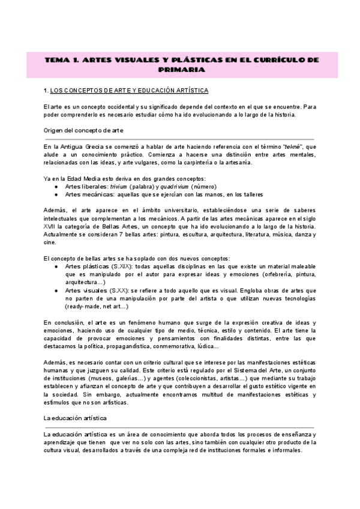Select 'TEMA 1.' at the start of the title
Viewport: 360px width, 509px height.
point(61,60)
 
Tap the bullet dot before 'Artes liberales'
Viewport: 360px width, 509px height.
point(56,187)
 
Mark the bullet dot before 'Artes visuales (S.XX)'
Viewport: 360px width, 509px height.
point(56,290)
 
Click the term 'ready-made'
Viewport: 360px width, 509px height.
point(84,306)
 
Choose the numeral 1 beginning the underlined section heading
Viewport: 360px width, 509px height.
point(46,90)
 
